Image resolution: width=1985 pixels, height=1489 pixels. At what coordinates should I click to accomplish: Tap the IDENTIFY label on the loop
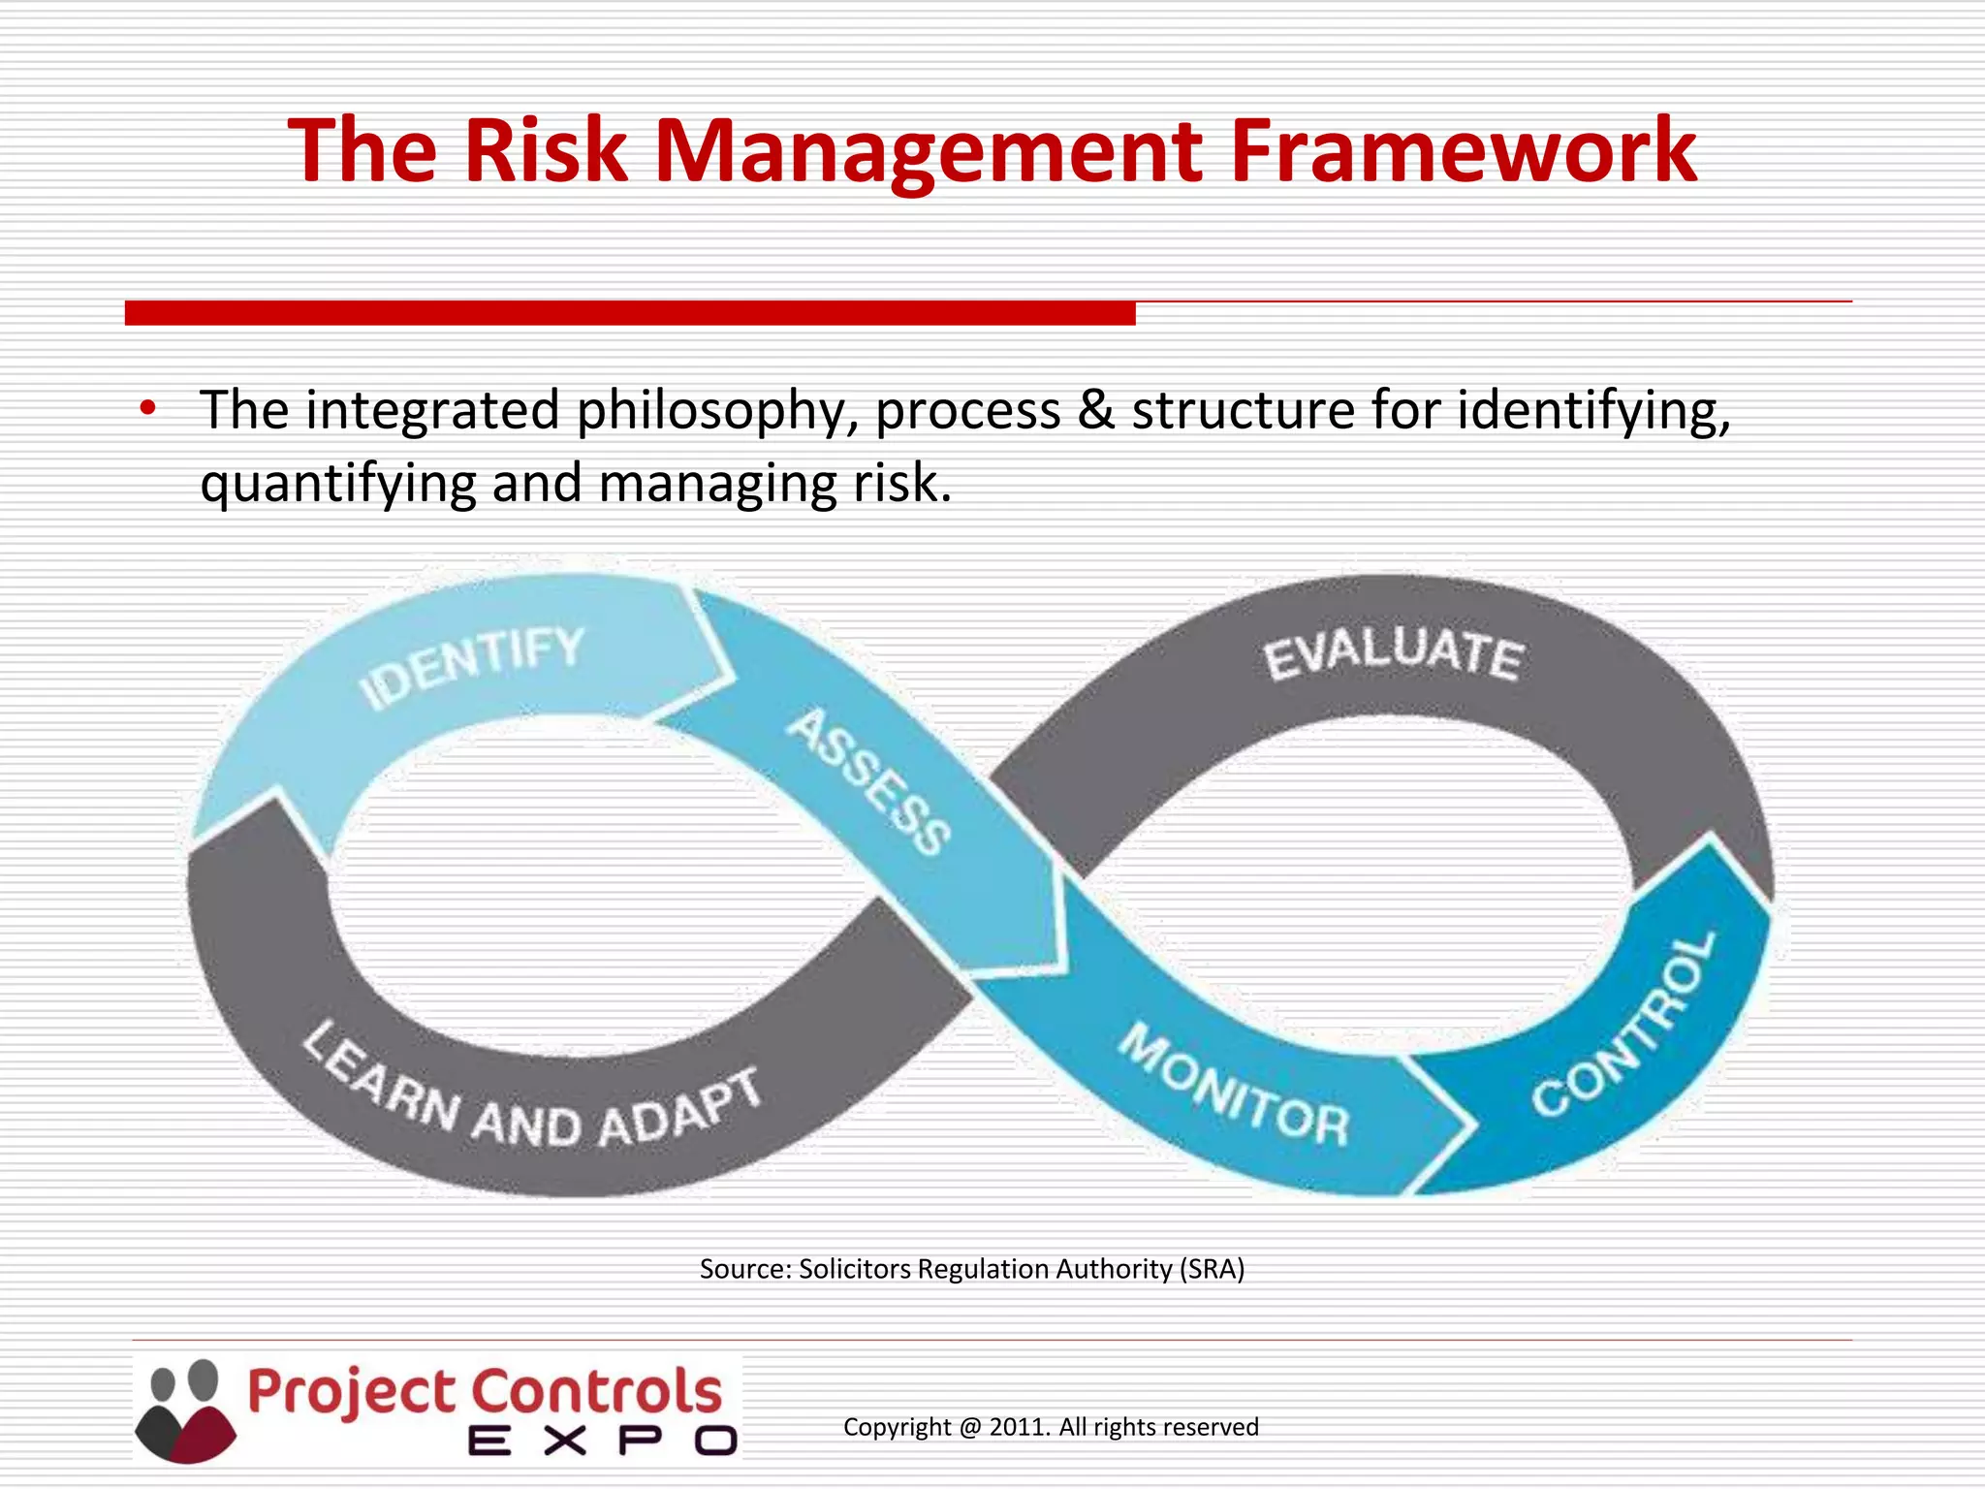click(472, 666)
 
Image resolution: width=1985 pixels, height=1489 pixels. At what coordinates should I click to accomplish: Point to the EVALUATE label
click(1394, 652)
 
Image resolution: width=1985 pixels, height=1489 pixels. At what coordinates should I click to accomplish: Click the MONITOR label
click(1234, 1087)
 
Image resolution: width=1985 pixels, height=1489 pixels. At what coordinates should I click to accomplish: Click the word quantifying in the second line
click(338, 485)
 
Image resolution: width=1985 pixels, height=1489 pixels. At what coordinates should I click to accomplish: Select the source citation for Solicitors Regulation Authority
click(971, 1269)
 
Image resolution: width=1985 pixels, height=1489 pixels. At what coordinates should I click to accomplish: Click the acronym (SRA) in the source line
click(1212, 1269)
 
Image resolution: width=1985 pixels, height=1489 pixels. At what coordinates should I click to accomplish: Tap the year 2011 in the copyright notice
click(1019, 1427)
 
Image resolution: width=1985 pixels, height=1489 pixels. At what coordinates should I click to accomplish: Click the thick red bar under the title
click(630, 313)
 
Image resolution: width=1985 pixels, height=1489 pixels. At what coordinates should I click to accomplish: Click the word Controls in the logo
click(597, 1393)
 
